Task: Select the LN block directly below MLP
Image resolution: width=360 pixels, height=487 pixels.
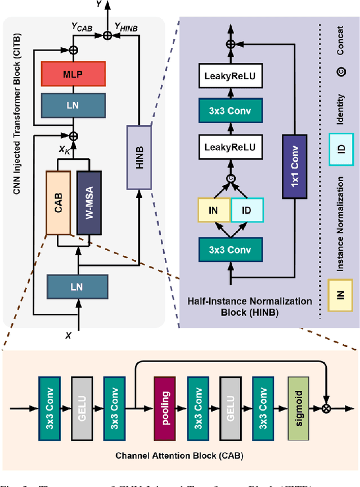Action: (74, 105)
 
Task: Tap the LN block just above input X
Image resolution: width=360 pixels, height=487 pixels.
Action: (77, 287)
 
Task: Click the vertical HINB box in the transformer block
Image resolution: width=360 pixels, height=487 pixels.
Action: (139, 157)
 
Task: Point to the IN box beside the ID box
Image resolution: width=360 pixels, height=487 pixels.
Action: (214, 210)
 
